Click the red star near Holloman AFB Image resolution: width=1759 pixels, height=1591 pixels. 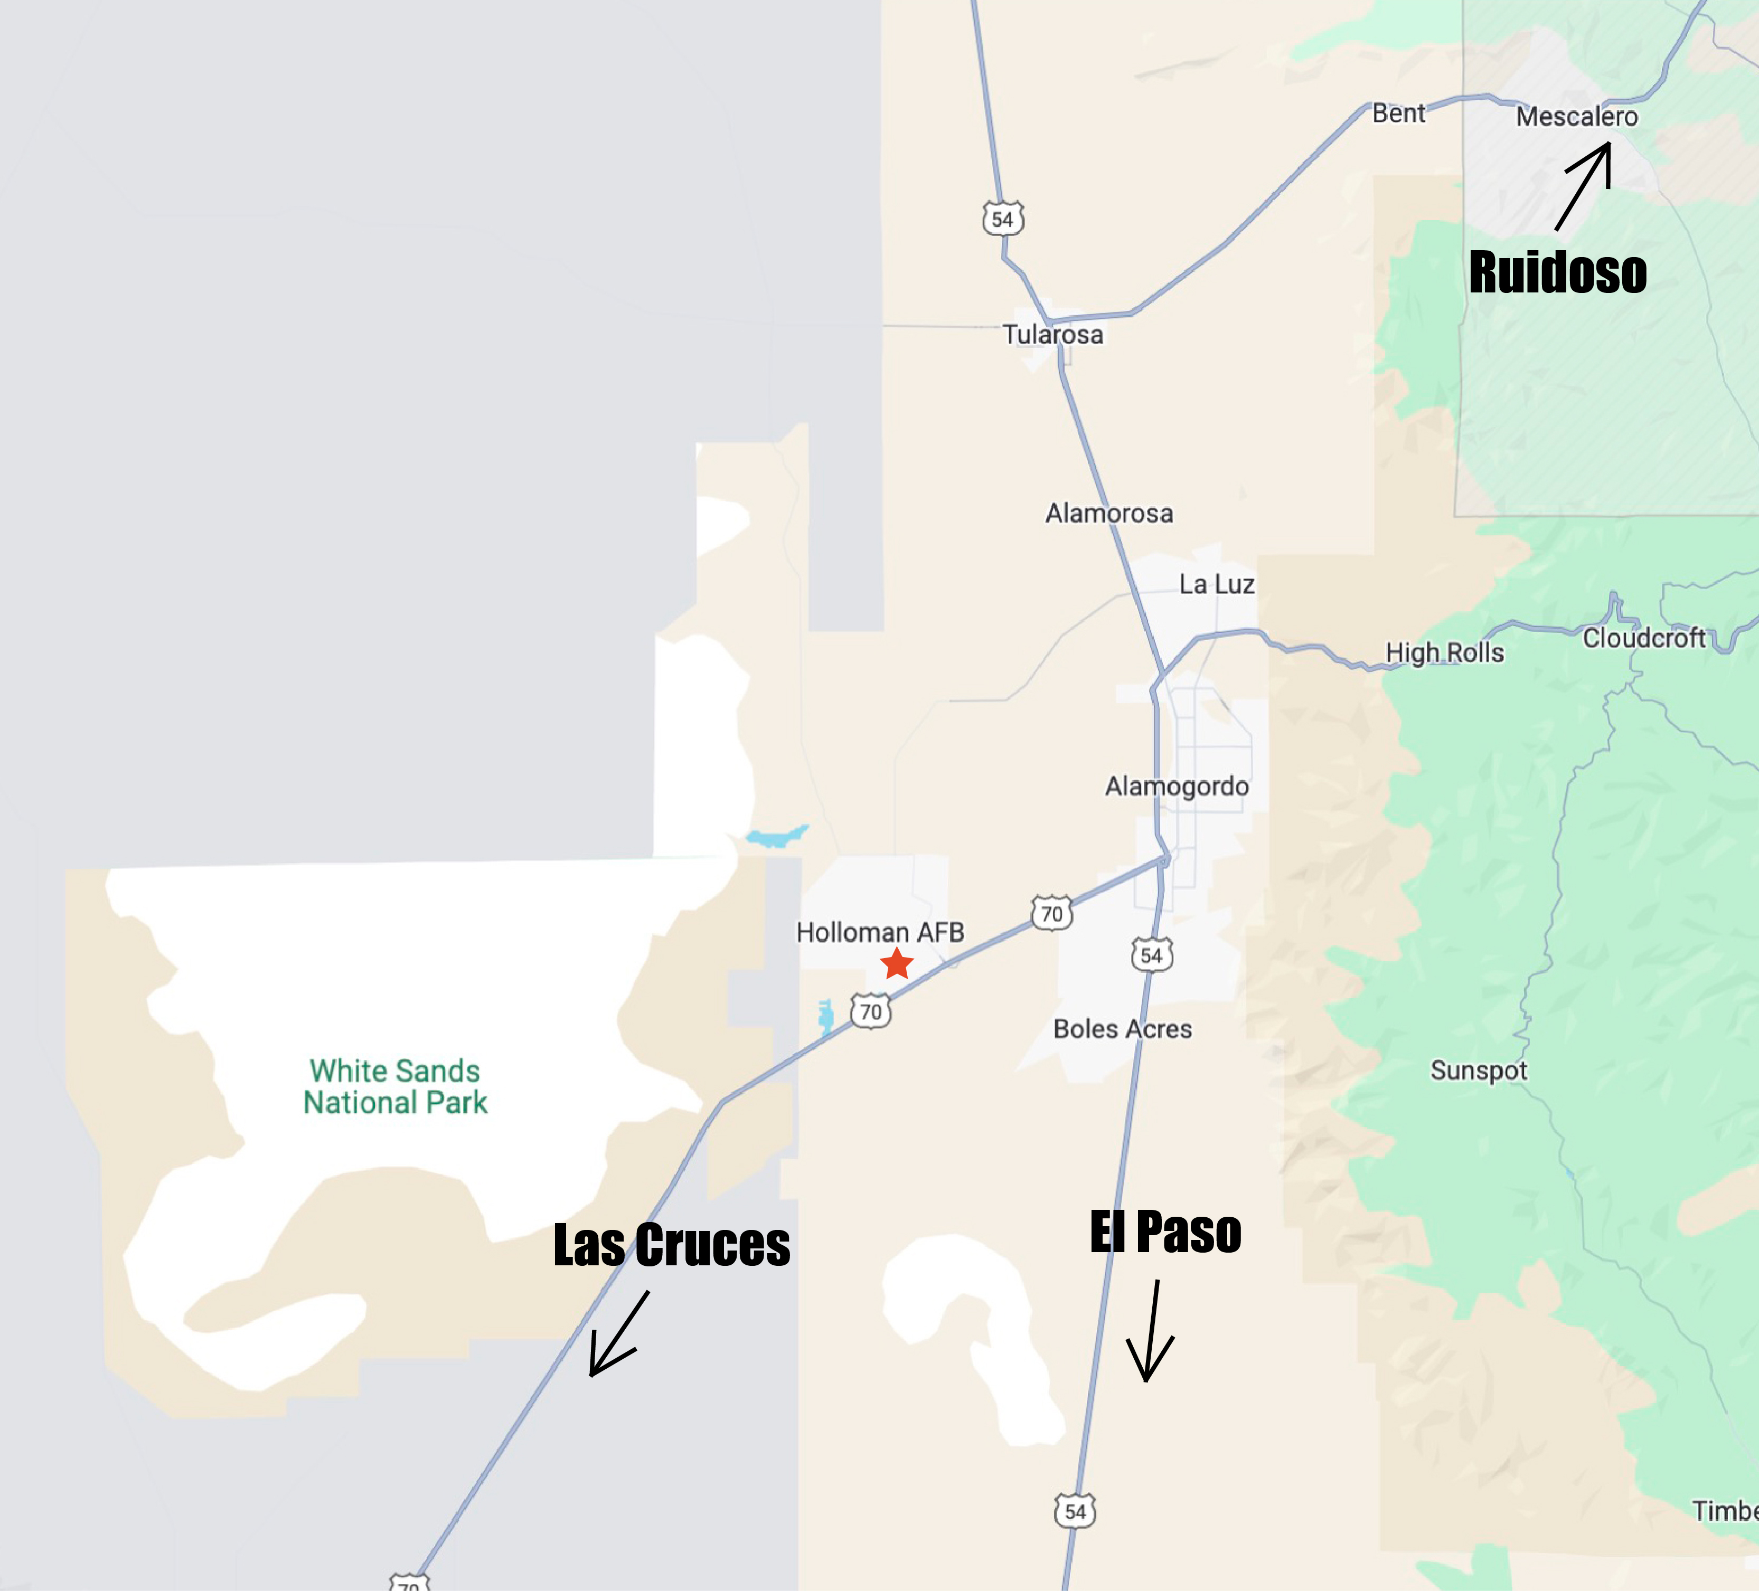click(x=897, y=964)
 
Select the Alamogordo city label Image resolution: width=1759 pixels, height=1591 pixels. click(x=1177, y=787)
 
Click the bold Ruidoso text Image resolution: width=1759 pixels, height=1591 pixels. click(x=1557, y=272)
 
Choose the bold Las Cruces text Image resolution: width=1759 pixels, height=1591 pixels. click(x=671, y=1245)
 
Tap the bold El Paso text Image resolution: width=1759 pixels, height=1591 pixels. click(x=1165, y=1233)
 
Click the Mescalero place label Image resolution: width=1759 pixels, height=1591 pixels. click(x=1577, y=117)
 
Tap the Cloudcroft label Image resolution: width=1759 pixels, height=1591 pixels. click(x=1644, y=639)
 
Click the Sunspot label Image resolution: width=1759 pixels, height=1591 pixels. click(x=1478, y=1071)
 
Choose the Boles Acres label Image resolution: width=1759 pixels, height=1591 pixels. click(x=1122, y=1029)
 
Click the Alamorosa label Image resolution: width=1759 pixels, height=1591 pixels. click(x=1109, y=514)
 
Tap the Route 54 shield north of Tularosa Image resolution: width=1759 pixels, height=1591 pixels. click(x=1002, y=219)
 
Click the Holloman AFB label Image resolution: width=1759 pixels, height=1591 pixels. click(x=880, y=932)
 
